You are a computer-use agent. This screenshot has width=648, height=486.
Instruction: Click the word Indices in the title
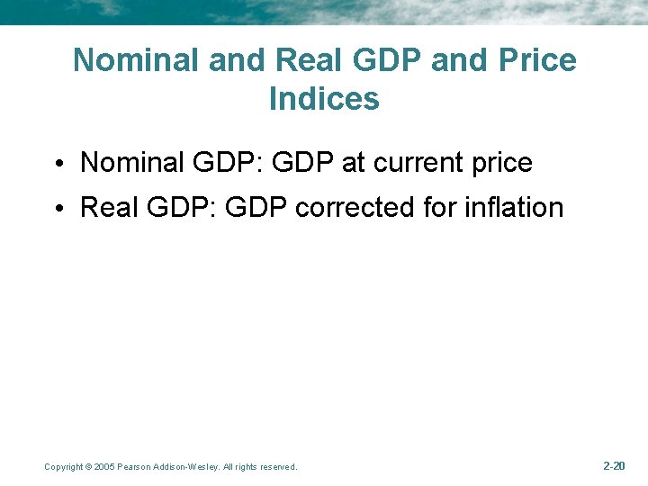coord(324,98)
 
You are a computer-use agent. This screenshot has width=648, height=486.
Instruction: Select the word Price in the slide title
coord(535,60)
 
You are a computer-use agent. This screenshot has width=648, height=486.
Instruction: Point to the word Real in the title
coord(311,60)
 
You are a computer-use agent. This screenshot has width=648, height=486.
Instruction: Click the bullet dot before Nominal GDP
coord(57,165)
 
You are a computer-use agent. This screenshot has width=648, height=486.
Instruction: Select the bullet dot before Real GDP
coord(57,209)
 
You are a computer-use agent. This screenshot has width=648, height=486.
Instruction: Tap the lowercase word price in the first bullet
coord(499,164)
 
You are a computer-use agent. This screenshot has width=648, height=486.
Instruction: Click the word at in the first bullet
coord(353,163)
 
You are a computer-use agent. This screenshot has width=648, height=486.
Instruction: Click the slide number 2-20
coord(614,465)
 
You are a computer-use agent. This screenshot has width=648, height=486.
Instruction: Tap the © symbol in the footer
coord(87,467)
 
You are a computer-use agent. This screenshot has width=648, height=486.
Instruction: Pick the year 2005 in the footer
coord(104,467)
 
